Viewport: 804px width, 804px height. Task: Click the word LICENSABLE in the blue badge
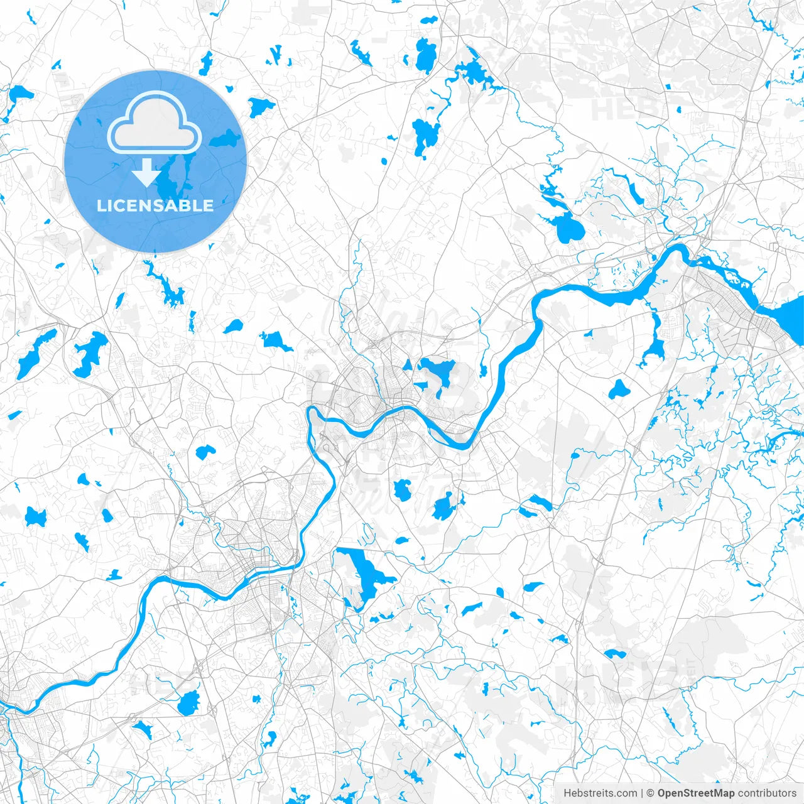[x=155, y=205]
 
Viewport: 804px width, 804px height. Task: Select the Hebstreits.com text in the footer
[x=600, y=793]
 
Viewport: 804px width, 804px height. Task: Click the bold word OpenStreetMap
[x=696, y=793]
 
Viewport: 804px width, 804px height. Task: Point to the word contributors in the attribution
[x=767, y=793]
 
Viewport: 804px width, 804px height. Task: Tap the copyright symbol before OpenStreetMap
[x=651, y=793]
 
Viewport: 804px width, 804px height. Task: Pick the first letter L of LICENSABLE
[x=100, y=205]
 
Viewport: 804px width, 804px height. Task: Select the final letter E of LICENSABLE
[x=209, y=205]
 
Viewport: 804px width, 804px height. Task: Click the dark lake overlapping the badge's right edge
[x=226, y=138]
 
